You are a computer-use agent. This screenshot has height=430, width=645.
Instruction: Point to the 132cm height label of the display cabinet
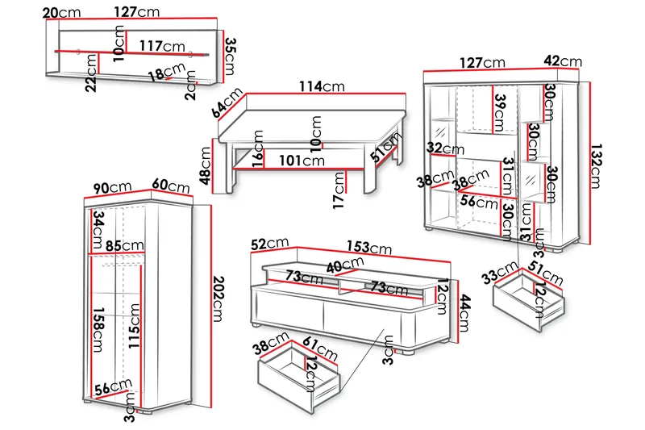coord(597,161)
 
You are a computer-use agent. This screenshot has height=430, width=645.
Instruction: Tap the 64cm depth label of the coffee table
coord(227,102)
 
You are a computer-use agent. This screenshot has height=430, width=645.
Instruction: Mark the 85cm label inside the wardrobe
coord(124,245)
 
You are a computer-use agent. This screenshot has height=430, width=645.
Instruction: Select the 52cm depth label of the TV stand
coord(269,243)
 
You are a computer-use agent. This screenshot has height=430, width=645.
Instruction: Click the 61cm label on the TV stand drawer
coord(320,350)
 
